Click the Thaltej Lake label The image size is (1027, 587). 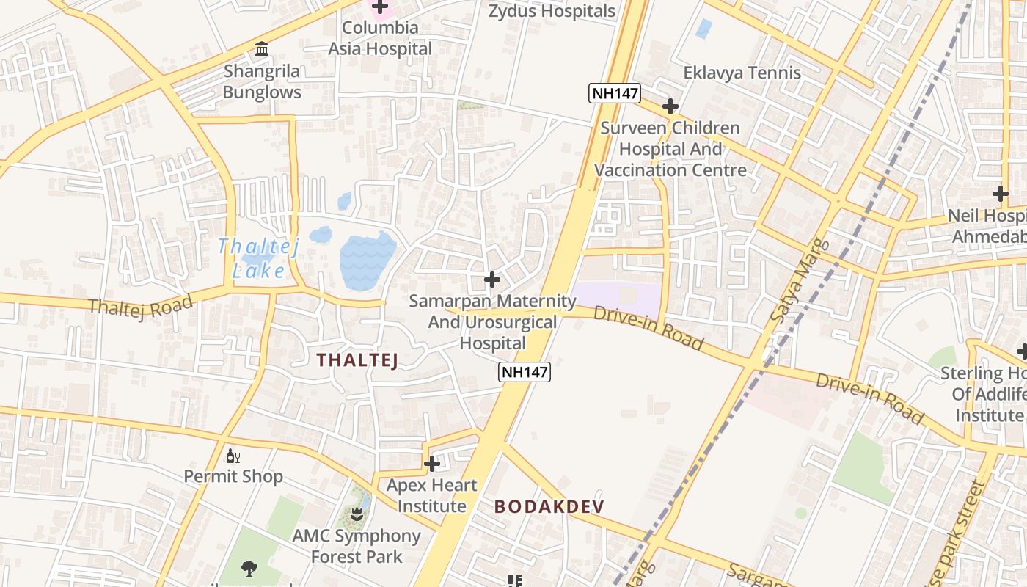(x=258, y=258)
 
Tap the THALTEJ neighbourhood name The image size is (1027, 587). (x=357, y=360)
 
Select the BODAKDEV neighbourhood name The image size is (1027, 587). (x=549, y=506)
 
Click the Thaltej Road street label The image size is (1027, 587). (x=141, y=305)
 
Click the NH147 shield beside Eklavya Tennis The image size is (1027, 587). (x=615, y=93)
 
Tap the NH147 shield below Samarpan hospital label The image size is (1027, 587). (x=525, y=372)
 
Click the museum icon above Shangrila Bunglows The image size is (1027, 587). (x=262, y=49)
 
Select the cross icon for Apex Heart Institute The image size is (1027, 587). (x=432, y=464)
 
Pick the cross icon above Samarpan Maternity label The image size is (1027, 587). (x=492, y=280)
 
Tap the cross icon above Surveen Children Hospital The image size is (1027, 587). (x=670, y=106)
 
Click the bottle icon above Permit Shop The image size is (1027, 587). (x=233, y=456)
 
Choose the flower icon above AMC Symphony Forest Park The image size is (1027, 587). (x=357, y=513)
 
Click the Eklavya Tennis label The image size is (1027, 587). (x=742, y=73)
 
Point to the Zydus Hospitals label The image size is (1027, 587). (x=552, y=11)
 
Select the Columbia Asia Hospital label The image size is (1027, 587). (x=380, y=38)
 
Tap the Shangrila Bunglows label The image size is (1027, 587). (x=262, y=82)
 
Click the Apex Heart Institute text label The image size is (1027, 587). (x=431, y=495)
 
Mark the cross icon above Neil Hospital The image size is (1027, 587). (x=1001, y=194)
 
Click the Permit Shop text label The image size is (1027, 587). (x=233, y=476)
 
